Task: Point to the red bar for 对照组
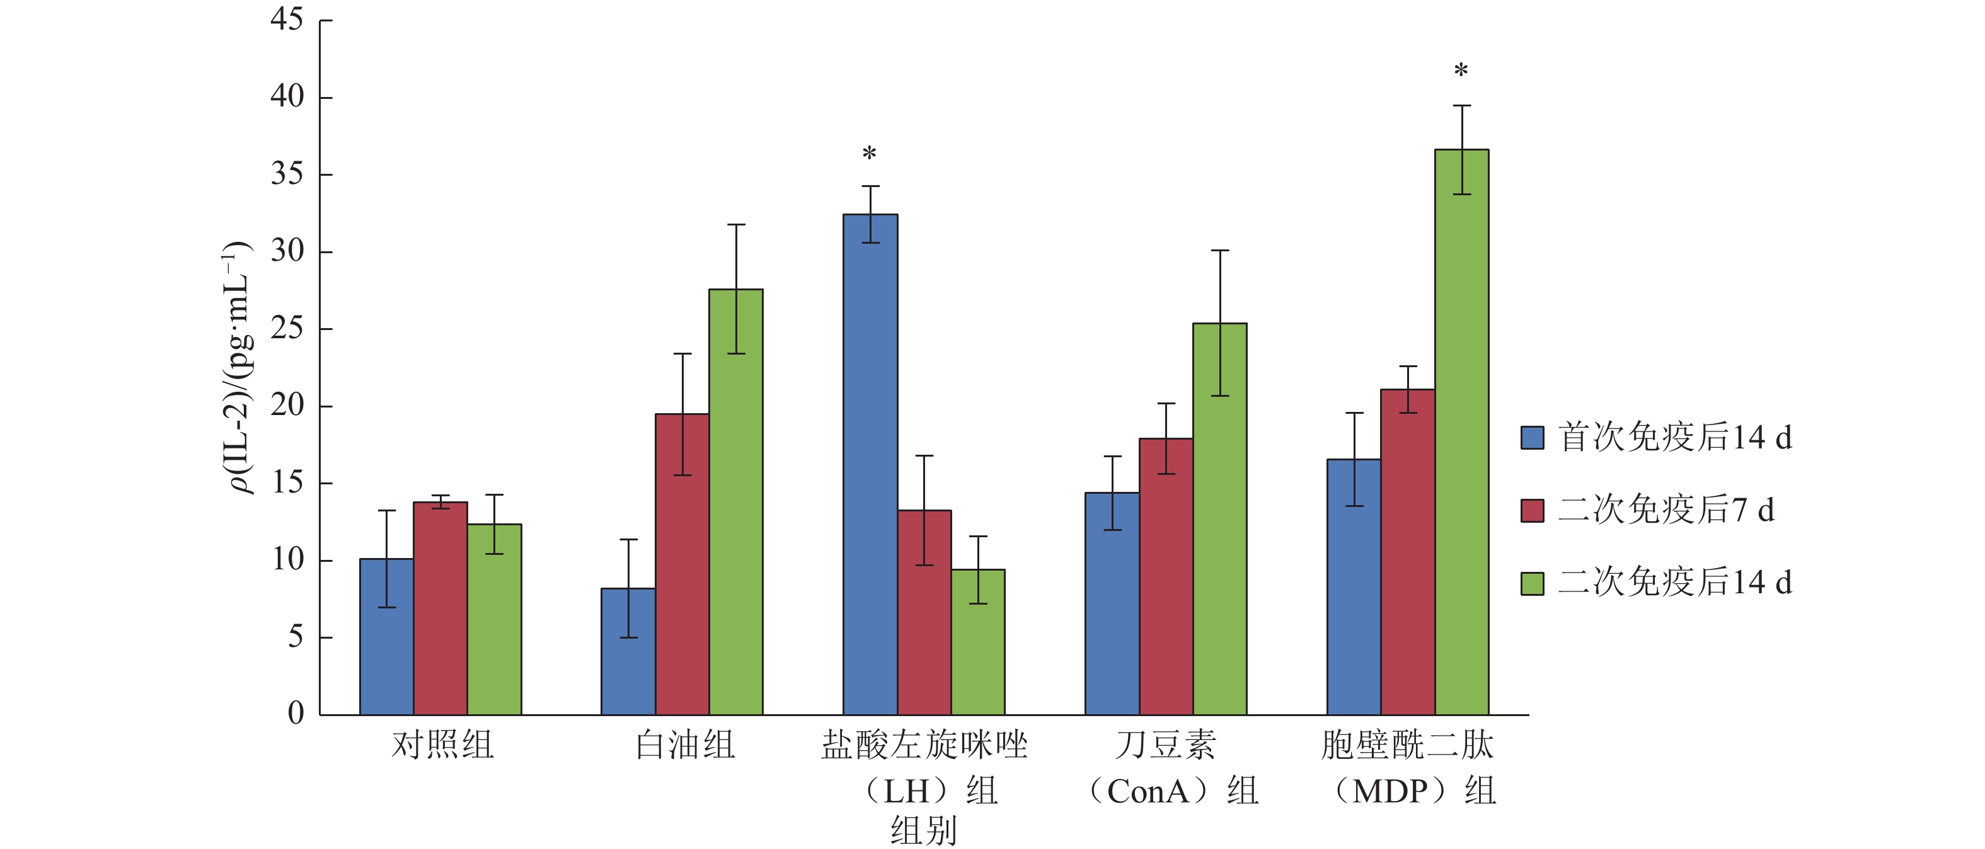440,608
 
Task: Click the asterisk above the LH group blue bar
869,153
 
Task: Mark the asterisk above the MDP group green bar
1461,71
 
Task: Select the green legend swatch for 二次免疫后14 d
1532,583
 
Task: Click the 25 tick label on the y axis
287,329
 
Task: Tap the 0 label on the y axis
296,714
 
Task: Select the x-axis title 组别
923,831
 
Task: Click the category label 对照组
442,745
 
